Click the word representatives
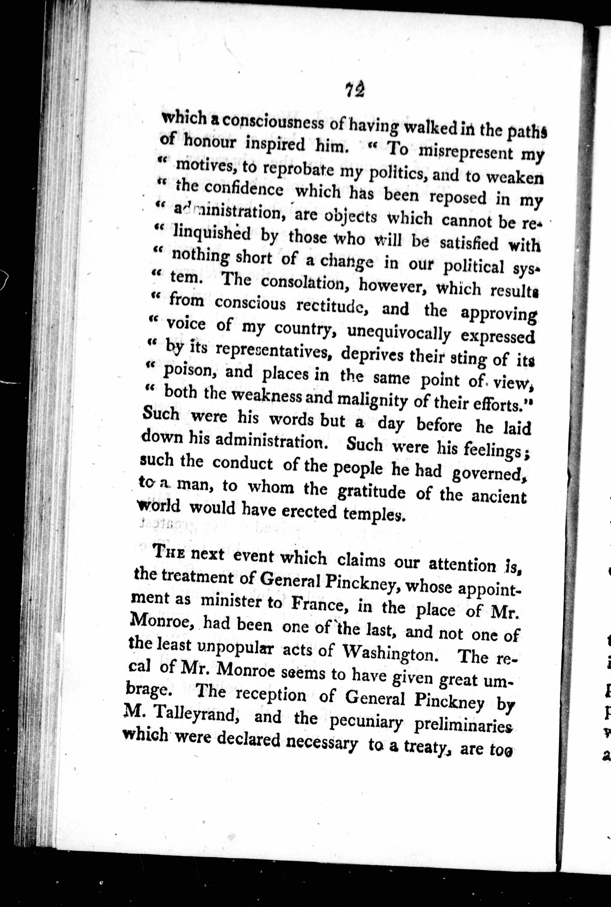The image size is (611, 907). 273,350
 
